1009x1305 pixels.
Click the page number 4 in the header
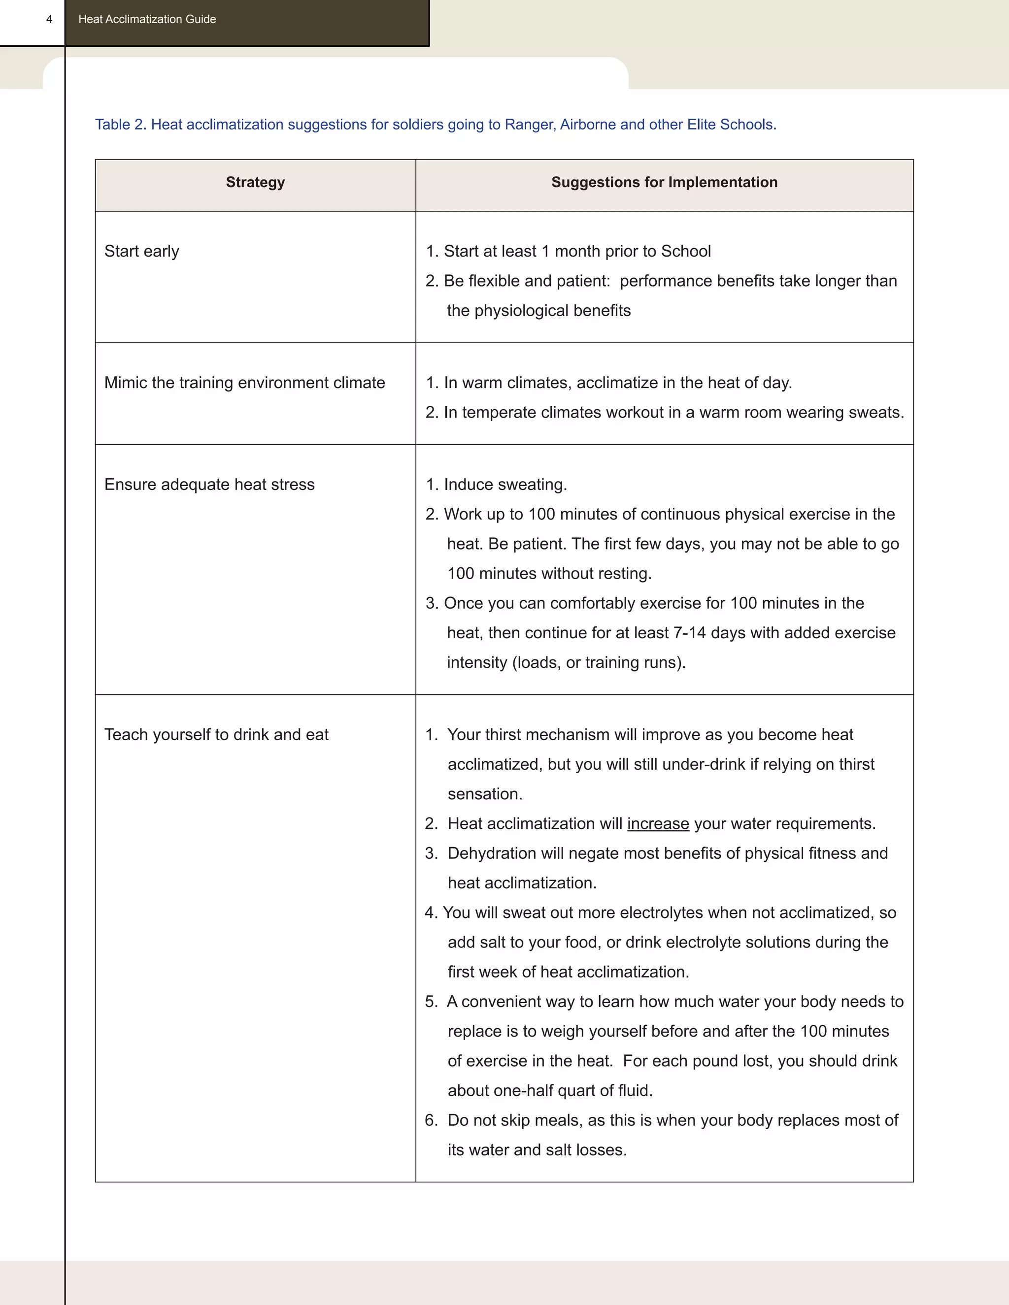(49, 19)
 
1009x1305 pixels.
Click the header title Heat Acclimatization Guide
(147, 19)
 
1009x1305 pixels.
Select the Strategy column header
(255, 182)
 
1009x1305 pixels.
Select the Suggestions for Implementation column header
(664, 182)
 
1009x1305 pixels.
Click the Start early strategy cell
(142, 251)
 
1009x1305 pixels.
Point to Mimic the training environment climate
(244, 383)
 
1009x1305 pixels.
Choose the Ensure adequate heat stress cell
(209, 484)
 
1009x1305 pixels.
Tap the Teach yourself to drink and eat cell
(216, 734)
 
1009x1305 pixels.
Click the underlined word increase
(658, 823)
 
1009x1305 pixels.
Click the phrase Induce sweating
(505, 484)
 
